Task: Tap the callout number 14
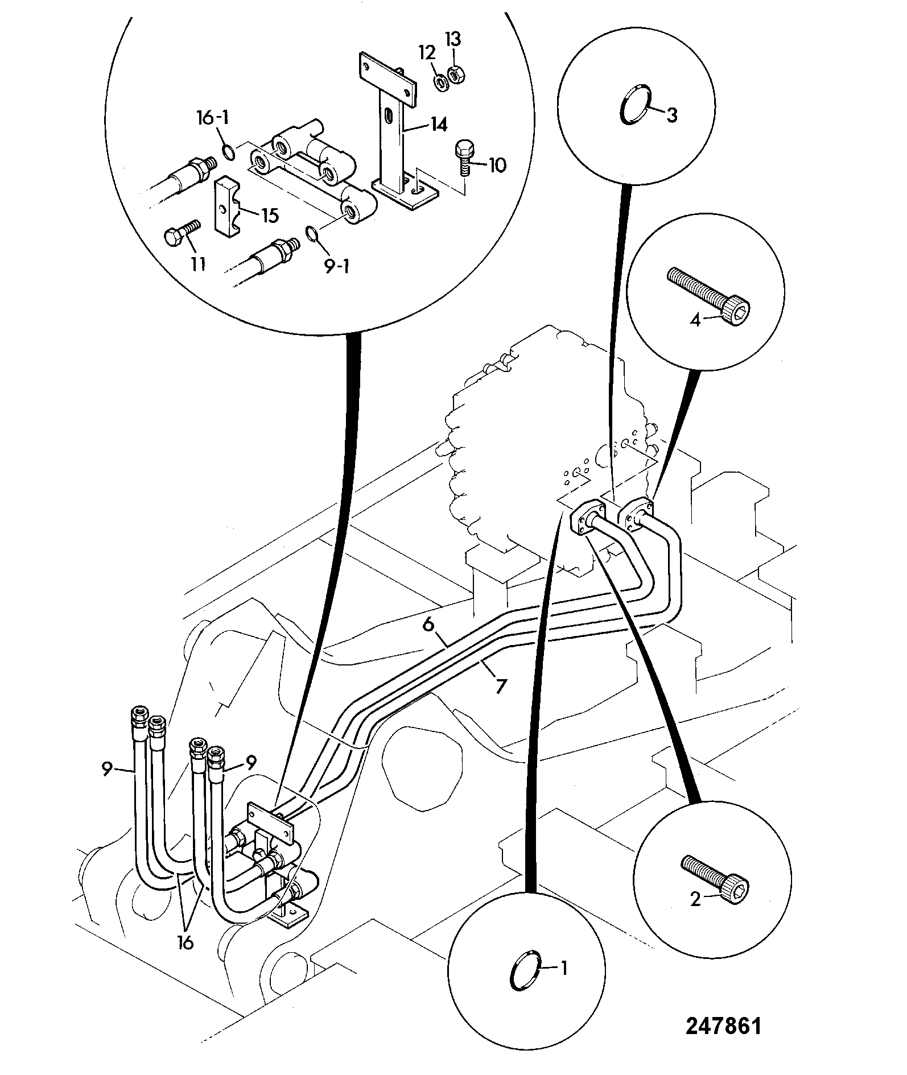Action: tap(439, 124)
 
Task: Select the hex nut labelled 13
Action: tap(455, 75)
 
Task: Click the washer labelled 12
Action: tap(440, 82)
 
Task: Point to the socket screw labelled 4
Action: tap(709, 296)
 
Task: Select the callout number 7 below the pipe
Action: tap(500, 686)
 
